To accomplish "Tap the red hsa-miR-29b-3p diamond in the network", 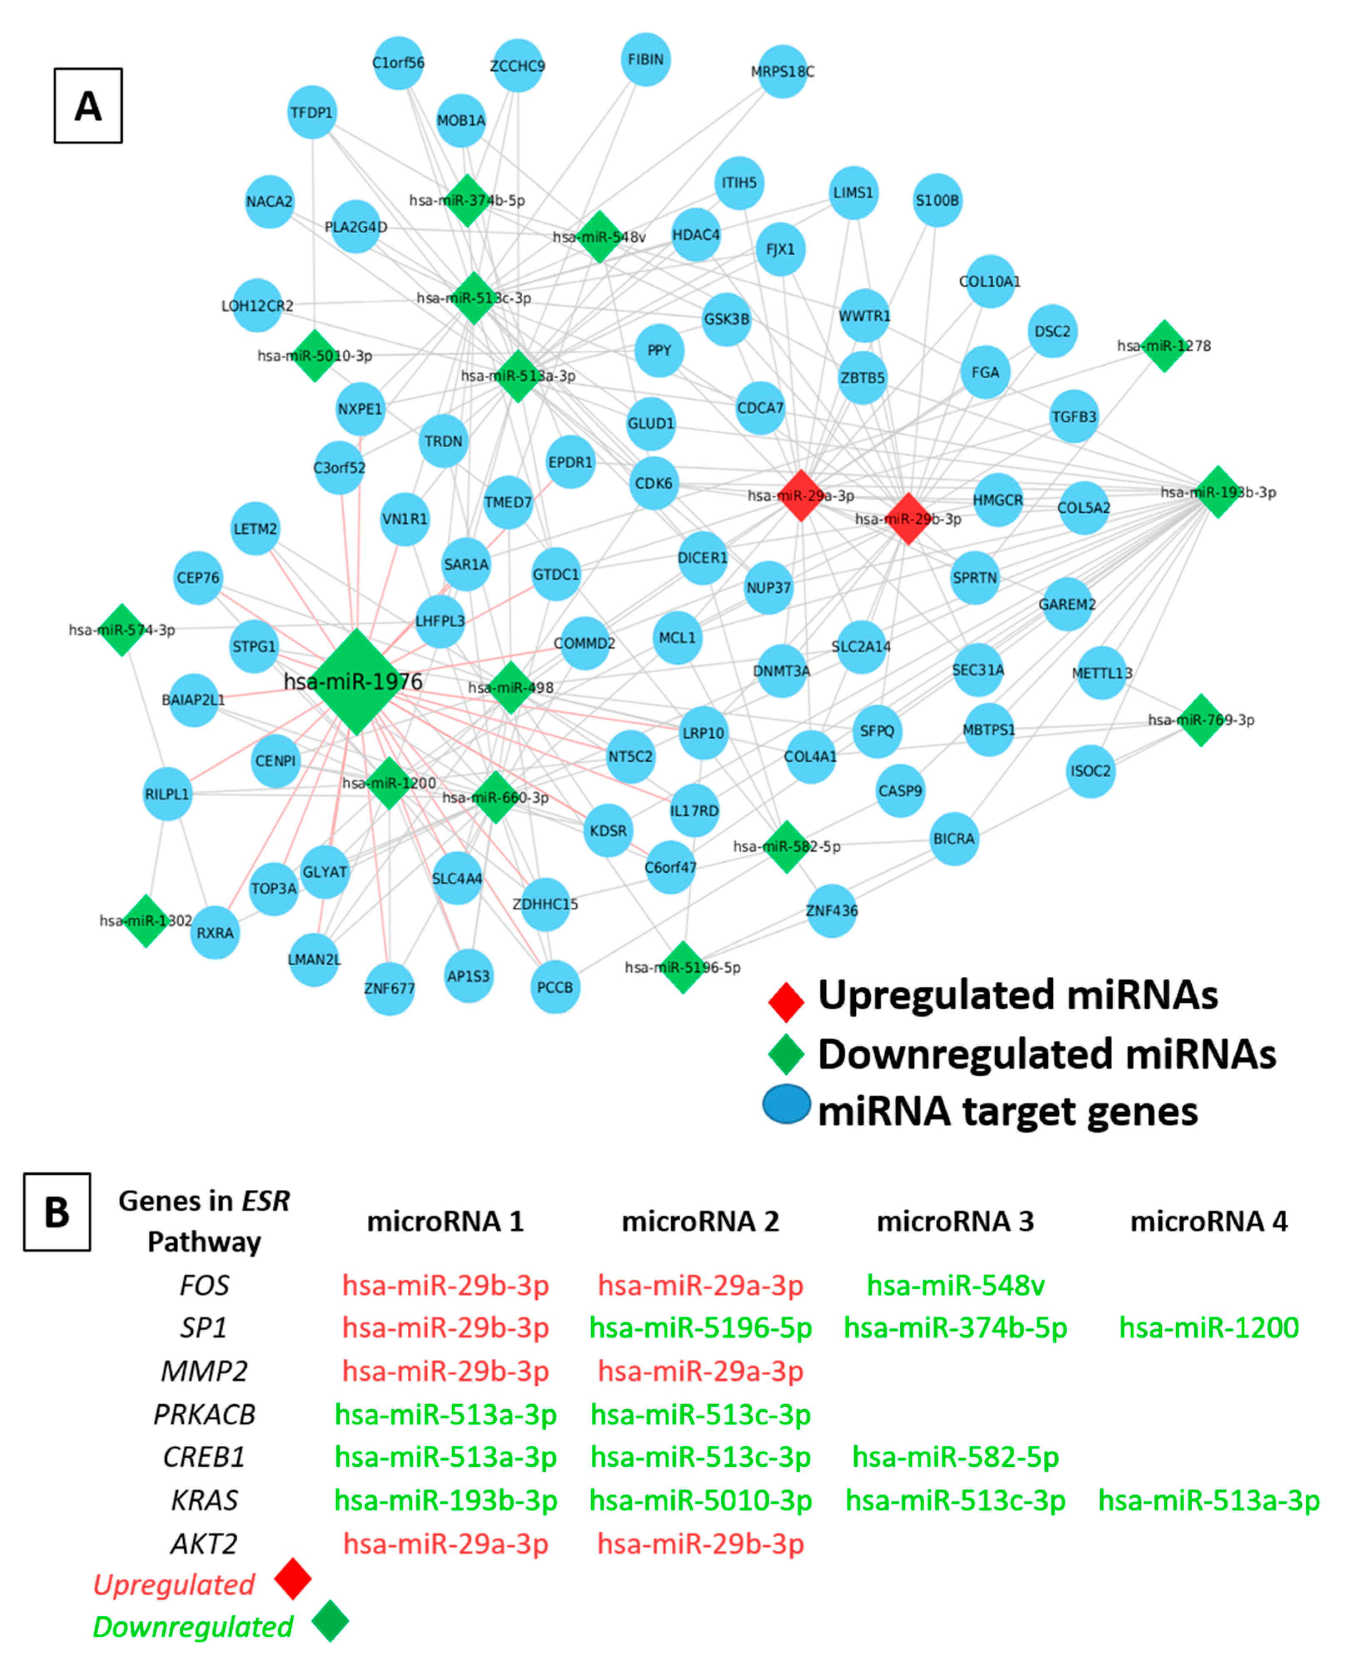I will (907, 519).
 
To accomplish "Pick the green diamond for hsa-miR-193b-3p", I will (1218, 492).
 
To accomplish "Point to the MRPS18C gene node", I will (782, 72).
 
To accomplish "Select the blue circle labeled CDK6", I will (653, 483).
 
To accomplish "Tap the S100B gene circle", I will (937, 200).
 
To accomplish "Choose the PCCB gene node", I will (555, 987).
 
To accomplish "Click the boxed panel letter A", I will (87, 106).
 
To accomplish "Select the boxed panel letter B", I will (57, 1212).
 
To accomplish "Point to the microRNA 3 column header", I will (955, 1221).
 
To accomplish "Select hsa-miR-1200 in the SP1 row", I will (1208, 1328).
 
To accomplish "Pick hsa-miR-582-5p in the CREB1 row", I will (955, 1457).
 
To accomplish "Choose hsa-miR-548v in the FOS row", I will (955, 1285).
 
